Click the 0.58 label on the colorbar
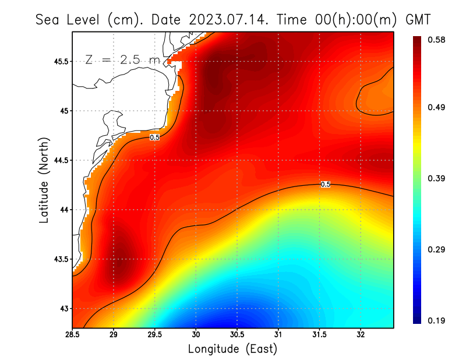(437, 40)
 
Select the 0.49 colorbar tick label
(437, 108)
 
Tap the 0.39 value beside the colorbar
(437, 178)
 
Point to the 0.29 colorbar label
(437, 249)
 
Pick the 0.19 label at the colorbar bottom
(437, 320)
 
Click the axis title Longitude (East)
(232, 349)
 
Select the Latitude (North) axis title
(44, 180)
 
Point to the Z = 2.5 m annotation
(122, 59)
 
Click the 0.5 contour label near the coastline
(155, 137)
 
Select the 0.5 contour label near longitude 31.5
(326, 184)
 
